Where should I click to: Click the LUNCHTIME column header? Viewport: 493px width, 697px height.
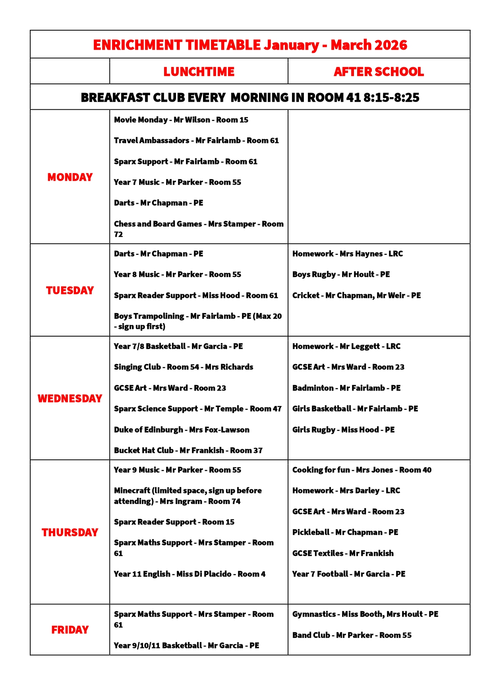(199, 72)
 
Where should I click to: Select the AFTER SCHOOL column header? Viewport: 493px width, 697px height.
(379, 72)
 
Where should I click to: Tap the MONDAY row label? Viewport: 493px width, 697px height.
(70, 177)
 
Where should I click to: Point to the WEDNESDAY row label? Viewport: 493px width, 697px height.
(70, 399)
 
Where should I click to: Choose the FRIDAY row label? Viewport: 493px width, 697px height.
(70, 630)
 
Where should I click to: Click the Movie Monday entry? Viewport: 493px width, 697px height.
(181, 120)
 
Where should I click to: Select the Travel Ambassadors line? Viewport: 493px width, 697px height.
(196, 140)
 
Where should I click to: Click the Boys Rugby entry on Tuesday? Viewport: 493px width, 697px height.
(341, 274)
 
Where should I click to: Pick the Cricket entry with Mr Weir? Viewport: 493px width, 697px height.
(356, 295)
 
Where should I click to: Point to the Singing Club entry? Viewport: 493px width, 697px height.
(183, 367)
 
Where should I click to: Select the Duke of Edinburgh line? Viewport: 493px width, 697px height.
(182, 430)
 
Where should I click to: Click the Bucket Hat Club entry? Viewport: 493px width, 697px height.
(188, 450)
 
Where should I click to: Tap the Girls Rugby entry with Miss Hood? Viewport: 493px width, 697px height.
(343, 430)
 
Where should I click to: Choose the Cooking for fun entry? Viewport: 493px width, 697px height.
(362, 470)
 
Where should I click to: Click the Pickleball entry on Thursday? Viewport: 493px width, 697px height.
(345, 532)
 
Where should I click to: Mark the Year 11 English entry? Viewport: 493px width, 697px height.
(189, 574)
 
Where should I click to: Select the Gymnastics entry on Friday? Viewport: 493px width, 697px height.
(365, 614)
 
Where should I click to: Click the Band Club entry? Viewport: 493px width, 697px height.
(352, 635)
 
